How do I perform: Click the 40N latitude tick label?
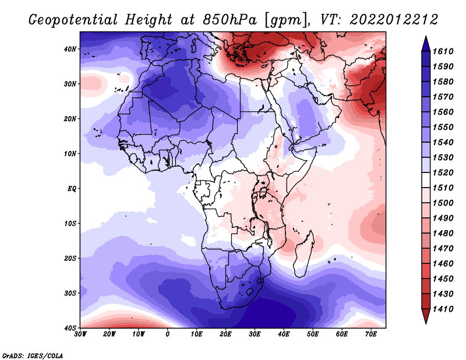tap(70, 49)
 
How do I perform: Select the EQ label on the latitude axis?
tap(72, 189)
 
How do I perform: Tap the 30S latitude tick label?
tap(70, 294)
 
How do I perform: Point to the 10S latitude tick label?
tap(70, 224)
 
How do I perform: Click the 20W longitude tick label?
tap(110, 334)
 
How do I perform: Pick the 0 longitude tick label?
tap(168, 334)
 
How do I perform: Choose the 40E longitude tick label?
tap(284, 334)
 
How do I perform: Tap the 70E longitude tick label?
tap(371, 334)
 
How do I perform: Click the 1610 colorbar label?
tap(443, 51)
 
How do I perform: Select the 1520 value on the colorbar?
tap(443, 172)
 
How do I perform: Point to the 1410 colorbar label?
tap(443, 309)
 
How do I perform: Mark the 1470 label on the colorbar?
tap(443, 249)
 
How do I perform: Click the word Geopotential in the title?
tap(73, 20)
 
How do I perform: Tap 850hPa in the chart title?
tap(230, 20)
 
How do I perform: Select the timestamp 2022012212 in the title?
tap(394, 20)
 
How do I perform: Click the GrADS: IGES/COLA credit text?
tap(33, 356)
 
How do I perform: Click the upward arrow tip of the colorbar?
tap(426, 37)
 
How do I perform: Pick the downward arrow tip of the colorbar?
tap(426, 323)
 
